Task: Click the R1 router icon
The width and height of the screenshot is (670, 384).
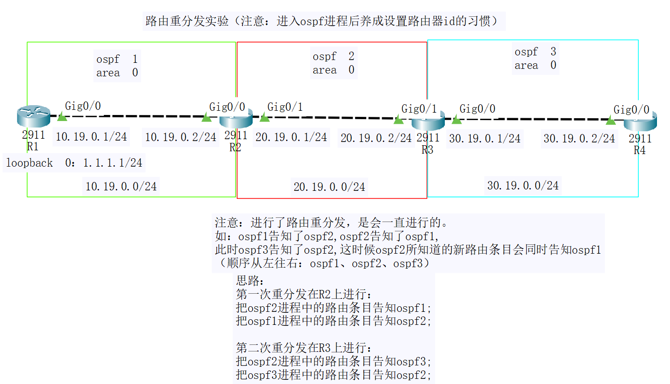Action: pos(33,116)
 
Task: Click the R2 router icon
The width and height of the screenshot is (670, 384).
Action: pos(235,119)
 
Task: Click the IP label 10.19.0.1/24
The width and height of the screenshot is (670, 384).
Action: pos(91,137)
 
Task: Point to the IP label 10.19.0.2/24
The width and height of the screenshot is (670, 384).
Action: pos(181,137)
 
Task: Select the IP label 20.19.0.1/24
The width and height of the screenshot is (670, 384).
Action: pos(291,137)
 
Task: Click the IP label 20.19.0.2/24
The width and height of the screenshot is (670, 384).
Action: pos(376,138)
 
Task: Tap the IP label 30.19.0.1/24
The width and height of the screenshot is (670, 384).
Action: pos(485,139)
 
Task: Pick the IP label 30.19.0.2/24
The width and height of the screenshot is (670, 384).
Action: pos(579,139)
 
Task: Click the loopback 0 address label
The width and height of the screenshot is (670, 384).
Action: pos(74,163)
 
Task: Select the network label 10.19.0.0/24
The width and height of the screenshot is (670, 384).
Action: pos(121,187)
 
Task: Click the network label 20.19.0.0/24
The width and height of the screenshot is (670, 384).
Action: pos(329,187)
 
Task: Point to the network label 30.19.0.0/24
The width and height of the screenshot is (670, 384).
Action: pos(523,186)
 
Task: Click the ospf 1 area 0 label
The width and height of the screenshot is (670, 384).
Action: pos(117,66)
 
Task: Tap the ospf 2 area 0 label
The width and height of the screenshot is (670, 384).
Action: pos(334,63)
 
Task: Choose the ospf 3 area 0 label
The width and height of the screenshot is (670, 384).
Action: pos(536,59)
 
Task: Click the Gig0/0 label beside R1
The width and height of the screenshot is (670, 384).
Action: pos(83,106)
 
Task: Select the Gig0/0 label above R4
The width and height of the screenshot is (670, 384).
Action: pos(631,110)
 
